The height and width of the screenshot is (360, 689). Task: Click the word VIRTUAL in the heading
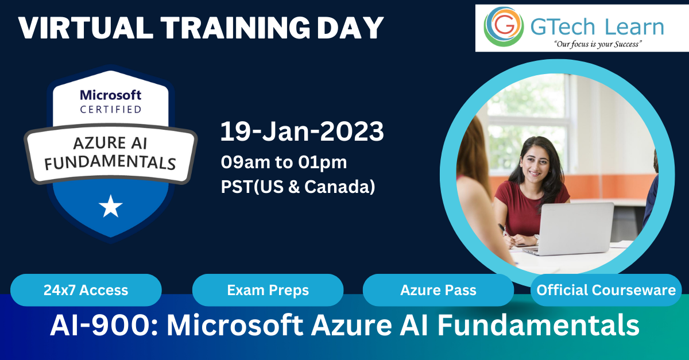(86, 28)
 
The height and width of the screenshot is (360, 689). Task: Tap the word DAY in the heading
(350, 28)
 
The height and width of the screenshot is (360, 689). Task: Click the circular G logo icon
(504, 27)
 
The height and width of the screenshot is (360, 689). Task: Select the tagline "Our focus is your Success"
(598, 44)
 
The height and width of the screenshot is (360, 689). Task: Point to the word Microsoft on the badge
(110, 95)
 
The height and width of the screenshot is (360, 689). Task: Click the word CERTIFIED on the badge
(111, 110)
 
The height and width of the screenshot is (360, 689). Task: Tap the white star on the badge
(111, 206)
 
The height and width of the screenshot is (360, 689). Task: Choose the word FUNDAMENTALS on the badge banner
(110, 162)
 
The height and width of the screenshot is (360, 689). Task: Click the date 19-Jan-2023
(302, 131)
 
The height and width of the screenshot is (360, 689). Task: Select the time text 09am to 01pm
(284, 162)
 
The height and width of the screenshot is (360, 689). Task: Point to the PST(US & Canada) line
(298, 187)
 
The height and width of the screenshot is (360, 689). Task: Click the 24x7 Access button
(86, 290)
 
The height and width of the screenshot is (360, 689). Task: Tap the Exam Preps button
(268, 290)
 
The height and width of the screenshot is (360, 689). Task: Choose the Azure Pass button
(438, 290)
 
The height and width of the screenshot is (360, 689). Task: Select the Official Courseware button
(606, 290)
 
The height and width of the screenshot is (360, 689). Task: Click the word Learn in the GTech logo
(634, 27)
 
